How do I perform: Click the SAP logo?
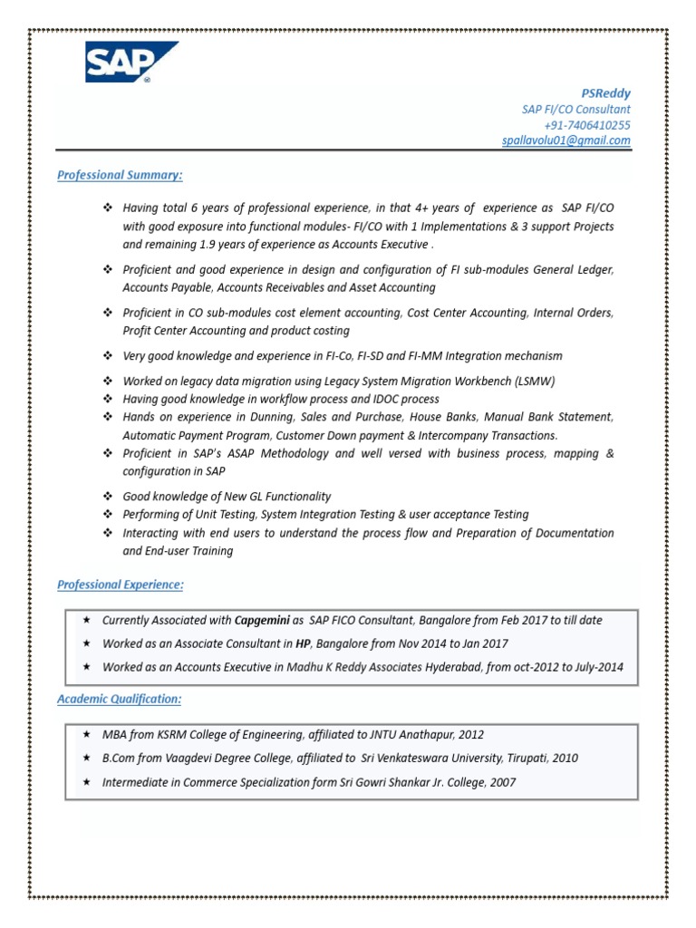coord(131,62)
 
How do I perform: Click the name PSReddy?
coord(605,93)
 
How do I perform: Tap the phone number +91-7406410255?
coord(587,125)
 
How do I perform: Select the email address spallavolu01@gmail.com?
coord(566,140)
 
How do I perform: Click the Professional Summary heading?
coord(120,174)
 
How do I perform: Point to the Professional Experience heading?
coord(120,585)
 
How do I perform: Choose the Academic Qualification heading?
coord(119,699)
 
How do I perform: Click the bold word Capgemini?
coord(262,621)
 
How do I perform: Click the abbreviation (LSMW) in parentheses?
coord(536,381)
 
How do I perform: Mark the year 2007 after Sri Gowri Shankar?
coord(502,782)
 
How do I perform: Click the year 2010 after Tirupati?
coord(564,758)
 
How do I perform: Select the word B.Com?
coord(120,758)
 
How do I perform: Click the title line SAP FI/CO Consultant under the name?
coord(575,110)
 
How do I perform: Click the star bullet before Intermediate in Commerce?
coord(86,781)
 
